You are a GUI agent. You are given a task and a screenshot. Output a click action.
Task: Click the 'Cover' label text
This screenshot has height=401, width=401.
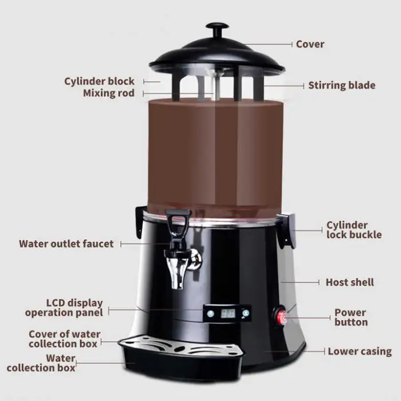pos(310,44)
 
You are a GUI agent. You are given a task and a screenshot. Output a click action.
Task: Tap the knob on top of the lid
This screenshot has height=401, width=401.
pos(217,28)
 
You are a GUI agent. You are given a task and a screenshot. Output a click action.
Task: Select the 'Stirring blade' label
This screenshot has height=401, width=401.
pos(341,85)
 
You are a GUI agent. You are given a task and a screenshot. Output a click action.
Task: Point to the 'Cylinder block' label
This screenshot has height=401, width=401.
pos(99,81)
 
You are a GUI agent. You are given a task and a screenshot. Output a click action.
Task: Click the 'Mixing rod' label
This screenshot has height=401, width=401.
pos(108,93)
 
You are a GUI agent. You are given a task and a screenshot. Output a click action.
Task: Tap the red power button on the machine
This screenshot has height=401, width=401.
pos(282,316)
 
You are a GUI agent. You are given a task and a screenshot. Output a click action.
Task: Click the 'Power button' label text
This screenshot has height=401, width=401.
pos(351,317)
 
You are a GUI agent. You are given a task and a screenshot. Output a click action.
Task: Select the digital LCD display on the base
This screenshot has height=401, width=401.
pos(228,313)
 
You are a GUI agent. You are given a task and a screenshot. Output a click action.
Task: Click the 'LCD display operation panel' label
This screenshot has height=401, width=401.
pos(64,308)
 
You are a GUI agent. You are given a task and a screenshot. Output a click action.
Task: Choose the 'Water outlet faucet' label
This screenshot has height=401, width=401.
pos(66,243)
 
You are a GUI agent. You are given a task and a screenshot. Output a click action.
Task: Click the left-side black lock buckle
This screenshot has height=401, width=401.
pos(140,220)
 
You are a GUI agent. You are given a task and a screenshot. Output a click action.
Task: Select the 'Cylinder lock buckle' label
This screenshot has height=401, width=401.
pos(353,230)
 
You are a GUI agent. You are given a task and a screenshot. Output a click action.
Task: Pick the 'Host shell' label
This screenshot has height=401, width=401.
pos(349,282)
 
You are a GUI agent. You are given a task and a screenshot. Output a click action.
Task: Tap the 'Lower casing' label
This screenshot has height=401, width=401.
pos(359,351)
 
